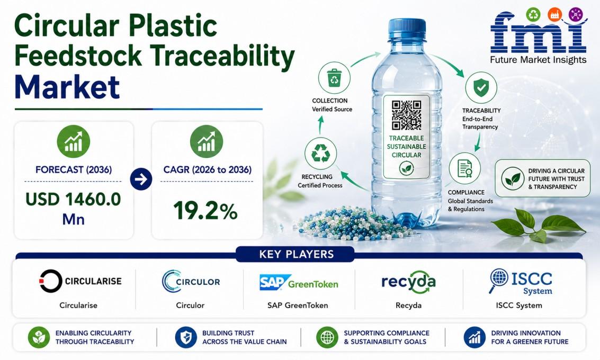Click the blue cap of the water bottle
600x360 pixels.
pyautogui.click(x=407, y=30)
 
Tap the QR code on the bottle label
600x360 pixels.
pyautogui.click(x=406, y=115)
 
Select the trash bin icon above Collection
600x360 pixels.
pyautogui.click(x=334, y=78)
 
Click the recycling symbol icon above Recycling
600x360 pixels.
pyautogui.click(x=321, y=154)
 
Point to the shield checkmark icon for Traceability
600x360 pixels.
pyautogui.click(x=481, y=87)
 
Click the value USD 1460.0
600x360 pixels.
pyautogui.click(x=73, y=199)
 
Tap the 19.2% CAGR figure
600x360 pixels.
pyautogui.click(x=205, y=211)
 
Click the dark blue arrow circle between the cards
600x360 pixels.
pyautogui.click(x=141, y=179)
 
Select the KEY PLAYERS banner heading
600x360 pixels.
pyautogui.click(x=297, y=255)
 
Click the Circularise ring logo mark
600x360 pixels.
pyautogui.click(x=50, y=281)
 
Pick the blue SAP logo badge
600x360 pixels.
pyautogui.click(x=273, y=282)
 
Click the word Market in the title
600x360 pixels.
pyautogui.click(x=67, y=87)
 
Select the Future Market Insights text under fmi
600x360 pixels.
pyautogui.click(x=538, y=60)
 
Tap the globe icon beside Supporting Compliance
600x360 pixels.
pyautogui.click(x=327, y=337)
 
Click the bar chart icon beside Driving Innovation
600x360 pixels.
pyautogui.click(x=474, y=337)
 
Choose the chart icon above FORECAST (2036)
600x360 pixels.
pyautogui.click(x=74, y=141)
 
